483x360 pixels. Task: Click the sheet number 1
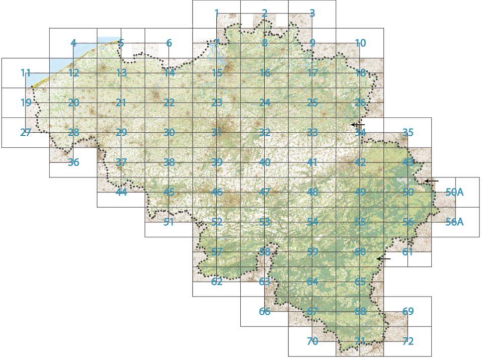217,13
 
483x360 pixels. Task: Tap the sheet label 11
26,73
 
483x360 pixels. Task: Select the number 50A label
455,192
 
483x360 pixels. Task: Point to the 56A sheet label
454,222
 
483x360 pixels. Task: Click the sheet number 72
408,341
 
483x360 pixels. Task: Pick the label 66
265,312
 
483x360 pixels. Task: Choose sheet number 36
73,162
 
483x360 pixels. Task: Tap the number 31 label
217,133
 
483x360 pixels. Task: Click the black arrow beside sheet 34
357,124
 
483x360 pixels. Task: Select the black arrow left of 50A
431,181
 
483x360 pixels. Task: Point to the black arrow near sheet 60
383,258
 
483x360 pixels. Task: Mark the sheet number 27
26,133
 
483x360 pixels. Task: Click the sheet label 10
360,43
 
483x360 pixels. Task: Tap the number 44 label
121,192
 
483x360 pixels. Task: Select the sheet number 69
408,312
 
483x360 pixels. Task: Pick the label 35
408,133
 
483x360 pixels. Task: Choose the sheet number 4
73,43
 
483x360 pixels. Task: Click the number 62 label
217,282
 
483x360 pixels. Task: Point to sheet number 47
265,192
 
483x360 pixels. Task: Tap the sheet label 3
312,13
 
